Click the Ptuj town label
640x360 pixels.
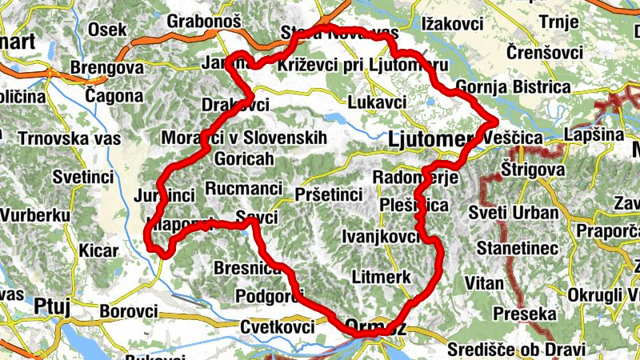54,305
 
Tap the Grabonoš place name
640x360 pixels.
204,22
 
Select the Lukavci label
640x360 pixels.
377,102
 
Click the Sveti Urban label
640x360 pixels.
524,212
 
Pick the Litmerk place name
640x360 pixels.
381,277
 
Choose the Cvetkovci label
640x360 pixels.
278,326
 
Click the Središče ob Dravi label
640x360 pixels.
516,349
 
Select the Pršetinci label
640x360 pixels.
329,194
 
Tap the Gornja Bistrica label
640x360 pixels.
511,86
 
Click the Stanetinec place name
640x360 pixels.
517,250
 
